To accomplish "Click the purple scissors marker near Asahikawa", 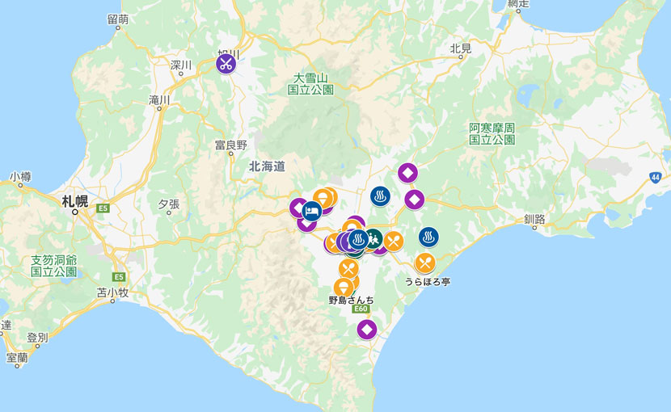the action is point(226,62).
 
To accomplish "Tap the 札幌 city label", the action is point(75,201).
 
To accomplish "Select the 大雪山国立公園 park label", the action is point(311,84).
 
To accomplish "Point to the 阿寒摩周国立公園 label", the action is point(492,133).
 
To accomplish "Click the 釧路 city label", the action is point(534,219).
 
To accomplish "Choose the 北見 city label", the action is point(460,48).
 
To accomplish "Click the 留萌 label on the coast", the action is point(117,19).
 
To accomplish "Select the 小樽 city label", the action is point(20,175).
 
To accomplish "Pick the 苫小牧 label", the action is point(112,292).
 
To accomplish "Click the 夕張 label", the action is point(168,204).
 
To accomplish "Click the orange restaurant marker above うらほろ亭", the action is point(425,263).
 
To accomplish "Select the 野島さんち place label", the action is point(351,301).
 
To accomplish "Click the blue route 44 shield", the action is point(655,176).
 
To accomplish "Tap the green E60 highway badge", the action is point(361,309).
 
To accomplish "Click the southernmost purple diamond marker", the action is point(367,330).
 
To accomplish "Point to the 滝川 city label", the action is point(159,100).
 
